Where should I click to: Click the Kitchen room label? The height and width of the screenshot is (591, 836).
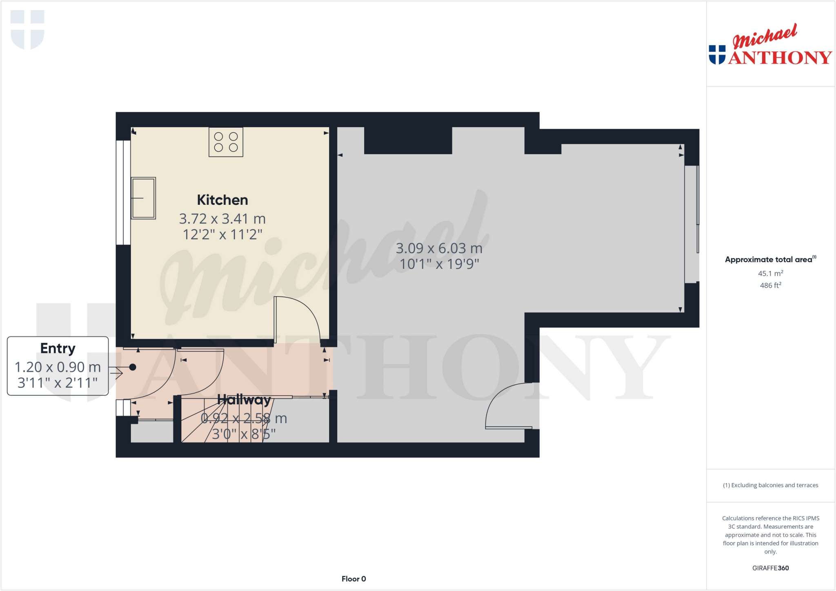click(222, 200)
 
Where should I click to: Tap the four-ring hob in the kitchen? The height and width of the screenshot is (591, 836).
click(226, 142)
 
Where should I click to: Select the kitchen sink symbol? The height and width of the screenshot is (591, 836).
click(143, 198)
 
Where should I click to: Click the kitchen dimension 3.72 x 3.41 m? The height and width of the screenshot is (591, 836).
click(222, 219)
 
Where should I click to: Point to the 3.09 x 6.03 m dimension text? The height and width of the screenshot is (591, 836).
click(439, 248)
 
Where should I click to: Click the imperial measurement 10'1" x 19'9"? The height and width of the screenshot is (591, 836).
click(439, 264)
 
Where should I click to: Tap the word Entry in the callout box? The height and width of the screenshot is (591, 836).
click(58, 349)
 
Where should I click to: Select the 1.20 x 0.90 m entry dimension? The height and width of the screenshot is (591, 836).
click(58, 367)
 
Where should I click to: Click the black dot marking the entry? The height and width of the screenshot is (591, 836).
click(133, 367)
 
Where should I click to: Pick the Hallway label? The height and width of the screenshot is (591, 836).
click(244, 400)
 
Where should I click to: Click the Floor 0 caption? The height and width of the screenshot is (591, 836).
click(354, 579)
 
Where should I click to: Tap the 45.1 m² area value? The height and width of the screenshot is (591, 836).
click(770, 273)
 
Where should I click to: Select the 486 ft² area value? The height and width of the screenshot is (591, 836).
click(770, 285)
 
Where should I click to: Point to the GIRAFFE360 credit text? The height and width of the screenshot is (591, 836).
click(770, 568)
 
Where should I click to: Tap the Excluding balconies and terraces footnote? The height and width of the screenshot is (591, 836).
click(770, 485)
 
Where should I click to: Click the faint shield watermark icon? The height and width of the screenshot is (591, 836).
click(27, 29)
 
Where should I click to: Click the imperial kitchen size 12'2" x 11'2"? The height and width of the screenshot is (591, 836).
click(222, 235)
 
